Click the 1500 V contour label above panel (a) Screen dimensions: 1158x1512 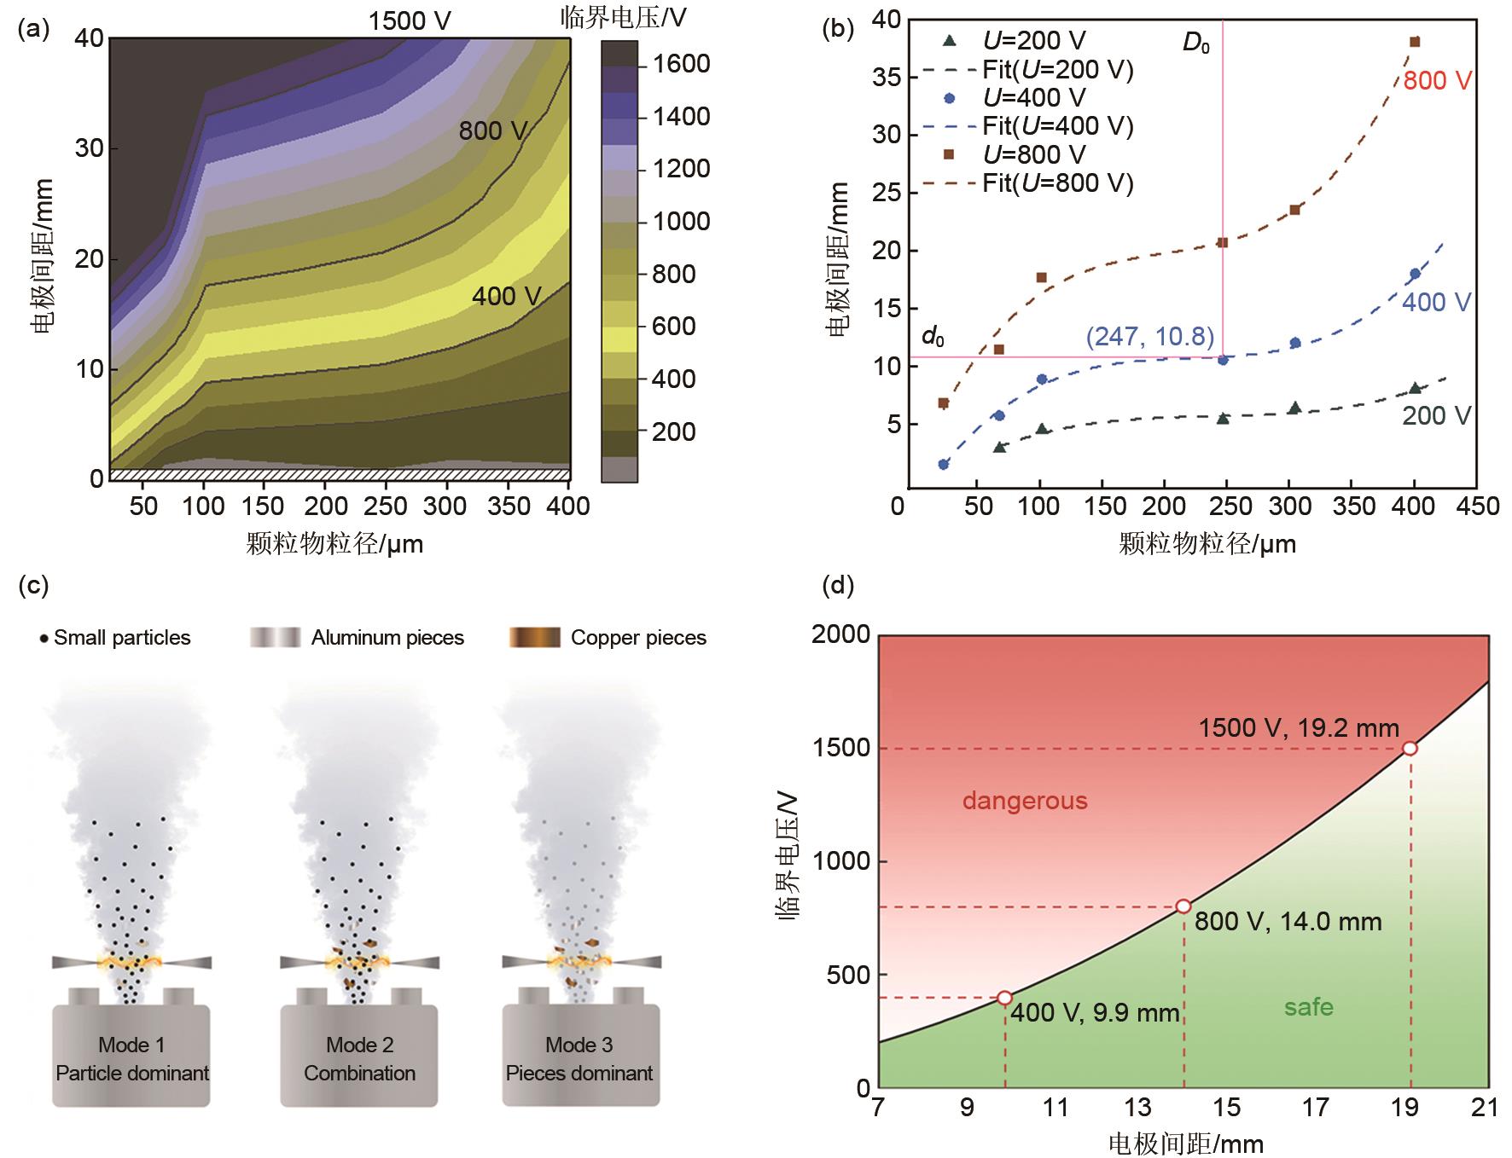[x=410, y=20]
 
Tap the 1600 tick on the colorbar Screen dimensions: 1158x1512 [x=681, y=64]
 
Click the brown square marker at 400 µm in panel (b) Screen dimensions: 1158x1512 [x=1415, y=42]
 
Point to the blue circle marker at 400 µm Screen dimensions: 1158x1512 [x=1415, y=274]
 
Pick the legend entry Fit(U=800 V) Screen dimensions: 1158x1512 [x=1057, y=182]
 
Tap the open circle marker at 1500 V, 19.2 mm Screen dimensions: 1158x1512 [x=1410, y=748]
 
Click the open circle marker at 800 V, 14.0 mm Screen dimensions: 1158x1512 [x=1183, y=906]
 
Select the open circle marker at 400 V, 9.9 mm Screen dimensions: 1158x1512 [x=1004, y=998]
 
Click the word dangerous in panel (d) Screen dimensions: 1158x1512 [x=1025, y=801]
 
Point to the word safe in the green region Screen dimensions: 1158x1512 [x=1308, y=1007]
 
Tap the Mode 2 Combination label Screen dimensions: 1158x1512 [x=359, y=1058]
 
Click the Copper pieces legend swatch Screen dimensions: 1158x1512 [x=534, y=638]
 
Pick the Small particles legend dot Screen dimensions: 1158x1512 [x=44, y=638]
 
